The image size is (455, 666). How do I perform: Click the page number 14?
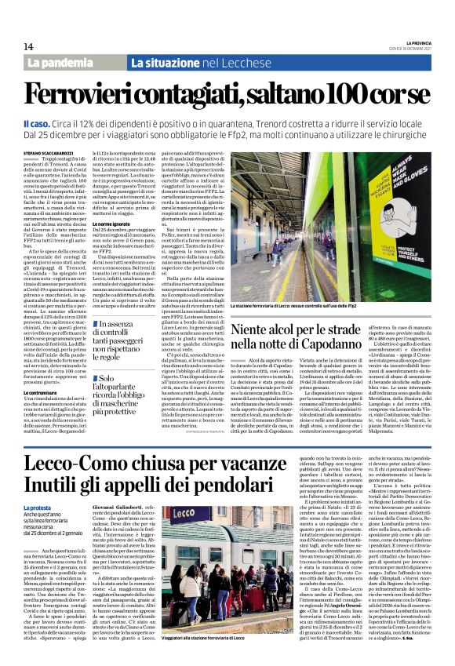[28, 46]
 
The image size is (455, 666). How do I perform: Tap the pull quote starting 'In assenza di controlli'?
[128, 334]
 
